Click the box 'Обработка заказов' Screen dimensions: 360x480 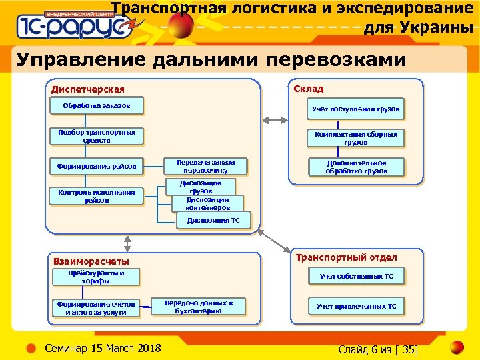[x=96, y=106]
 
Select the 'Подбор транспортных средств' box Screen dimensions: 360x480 [x=96, y=137]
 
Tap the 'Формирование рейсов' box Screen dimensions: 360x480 [x=96, y=166]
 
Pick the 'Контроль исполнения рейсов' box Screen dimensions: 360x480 [x=96, y=196]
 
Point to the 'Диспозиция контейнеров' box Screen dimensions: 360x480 [x=207, y=203]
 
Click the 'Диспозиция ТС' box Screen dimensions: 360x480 [x=213, y=219]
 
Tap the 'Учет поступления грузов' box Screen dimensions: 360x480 [x=356, y=109]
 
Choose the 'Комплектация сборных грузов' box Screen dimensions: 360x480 [x=356, y=138]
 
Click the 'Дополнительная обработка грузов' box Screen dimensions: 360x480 [x=356, y=167]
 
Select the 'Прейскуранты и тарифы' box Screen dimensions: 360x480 [x=96, y=277]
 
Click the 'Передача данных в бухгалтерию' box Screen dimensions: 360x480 [x=199, y=307]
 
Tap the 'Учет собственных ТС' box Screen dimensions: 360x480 [x=356, y=276]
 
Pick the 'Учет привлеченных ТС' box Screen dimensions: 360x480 [x=356, y=307]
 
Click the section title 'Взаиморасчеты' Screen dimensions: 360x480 [x=91, y=261]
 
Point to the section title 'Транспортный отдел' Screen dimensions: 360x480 [x=346, y=257]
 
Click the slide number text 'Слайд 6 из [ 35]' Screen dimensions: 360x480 [x=377, y=349]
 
